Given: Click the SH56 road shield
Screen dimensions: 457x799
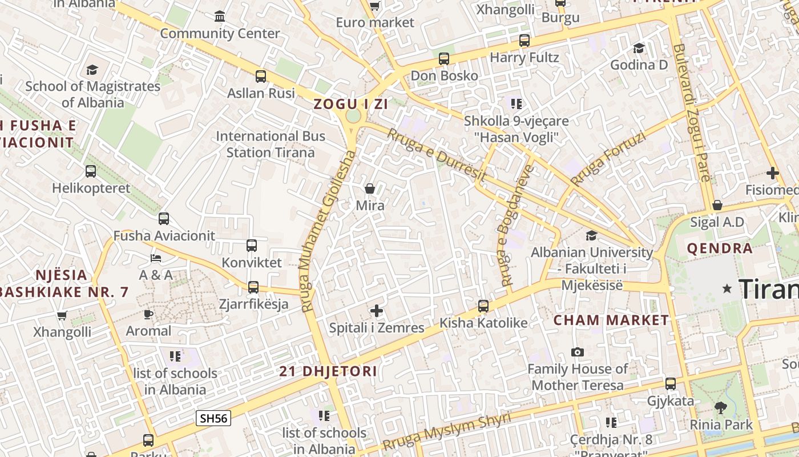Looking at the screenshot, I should pos(213,418).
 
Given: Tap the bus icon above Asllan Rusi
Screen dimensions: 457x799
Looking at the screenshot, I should pos(261,76).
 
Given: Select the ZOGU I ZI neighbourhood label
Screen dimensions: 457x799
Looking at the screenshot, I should pos(350,104).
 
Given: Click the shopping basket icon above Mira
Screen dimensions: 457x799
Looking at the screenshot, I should pos(370,189).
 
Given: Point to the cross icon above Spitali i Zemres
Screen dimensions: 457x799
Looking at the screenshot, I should pos(377,311).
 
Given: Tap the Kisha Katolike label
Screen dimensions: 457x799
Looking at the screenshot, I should pos(483,323).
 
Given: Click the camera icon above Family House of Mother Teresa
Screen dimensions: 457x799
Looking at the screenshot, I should pos(578,352).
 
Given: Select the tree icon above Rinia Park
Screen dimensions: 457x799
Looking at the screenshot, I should pos(721,408).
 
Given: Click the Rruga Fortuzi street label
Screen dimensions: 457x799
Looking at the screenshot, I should pos(608,159).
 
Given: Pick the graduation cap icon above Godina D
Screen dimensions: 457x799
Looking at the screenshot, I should pos(639,48).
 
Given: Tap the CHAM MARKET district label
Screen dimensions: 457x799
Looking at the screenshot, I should pos(611,320).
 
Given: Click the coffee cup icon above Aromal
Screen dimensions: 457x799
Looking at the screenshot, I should pos(148,314).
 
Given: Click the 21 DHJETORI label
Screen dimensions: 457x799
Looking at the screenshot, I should pos(328,371).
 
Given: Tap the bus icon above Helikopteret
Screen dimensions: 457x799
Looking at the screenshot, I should pos(91,171).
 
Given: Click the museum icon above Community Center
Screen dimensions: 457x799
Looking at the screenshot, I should pos(220,16).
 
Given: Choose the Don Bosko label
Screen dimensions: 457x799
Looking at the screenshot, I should pos(445,75).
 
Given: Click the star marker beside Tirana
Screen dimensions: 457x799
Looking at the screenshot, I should pos(727,289).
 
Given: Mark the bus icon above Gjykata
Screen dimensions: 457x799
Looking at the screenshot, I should pos(671,384).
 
